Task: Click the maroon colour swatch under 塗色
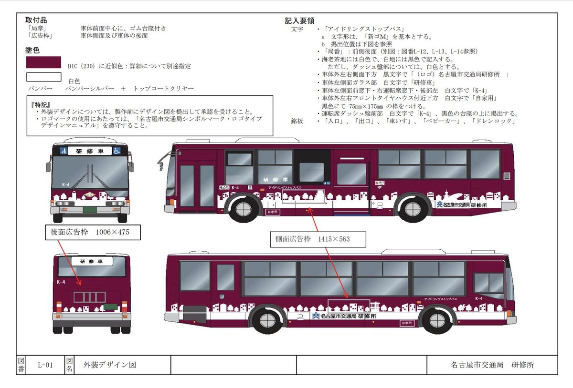click(x=44, y=62)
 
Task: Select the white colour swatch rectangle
click(x=44, y=77)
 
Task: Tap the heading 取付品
click(x=36, y=20)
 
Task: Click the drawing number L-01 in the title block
click(x=46, y=365)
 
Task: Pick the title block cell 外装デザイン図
click(x=109, y=365)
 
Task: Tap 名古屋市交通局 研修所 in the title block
click(x=492, y=365)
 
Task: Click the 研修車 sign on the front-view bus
click(x=90, y=151)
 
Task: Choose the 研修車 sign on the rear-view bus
click(x=90, y=261)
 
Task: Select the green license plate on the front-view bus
click(x=90, y=209)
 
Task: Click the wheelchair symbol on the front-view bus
click(x=117, y=151)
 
